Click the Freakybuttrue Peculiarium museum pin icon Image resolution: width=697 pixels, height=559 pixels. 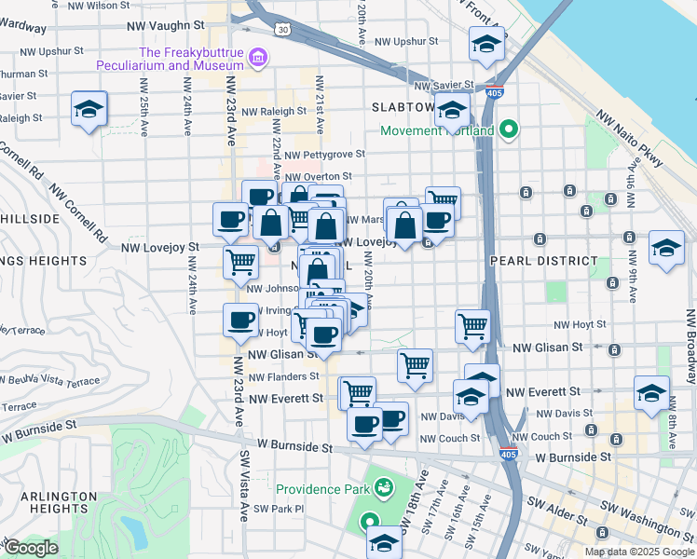tap(258, 60)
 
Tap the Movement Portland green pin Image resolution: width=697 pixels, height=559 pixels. tap(509, 130)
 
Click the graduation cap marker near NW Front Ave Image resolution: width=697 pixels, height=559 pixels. tap(486, 44)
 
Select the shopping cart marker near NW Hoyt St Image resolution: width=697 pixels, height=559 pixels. tap(473, 326)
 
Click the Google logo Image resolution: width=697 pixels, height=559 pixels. tap(30, 548)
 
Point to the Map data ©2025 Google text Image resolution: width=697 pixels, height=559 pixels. tap(638, 552)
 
